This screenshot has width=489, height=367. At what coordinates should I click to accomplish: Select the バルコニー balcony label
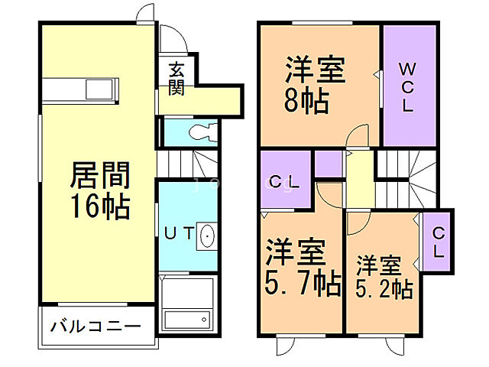[x=96, y=326]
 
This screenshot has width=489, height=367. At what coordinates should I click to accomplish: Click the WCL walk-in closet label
[x=408, y=86]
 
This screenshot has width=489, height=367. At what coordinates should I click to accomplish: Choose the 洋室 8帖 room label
[x=316, y=84]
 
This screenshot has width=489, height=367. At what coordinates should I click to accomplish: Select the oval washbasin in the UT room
[x=207, y=238]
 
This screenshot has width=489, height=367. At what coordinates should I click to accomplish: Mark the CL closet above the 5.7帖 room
[x=285, y=181]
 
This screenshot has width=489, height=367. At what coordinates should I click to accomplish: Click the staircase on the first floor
[x=188, y=163]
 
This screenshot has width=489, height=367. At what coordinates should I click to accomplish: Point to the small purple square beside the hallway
[x=328, y=164]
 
